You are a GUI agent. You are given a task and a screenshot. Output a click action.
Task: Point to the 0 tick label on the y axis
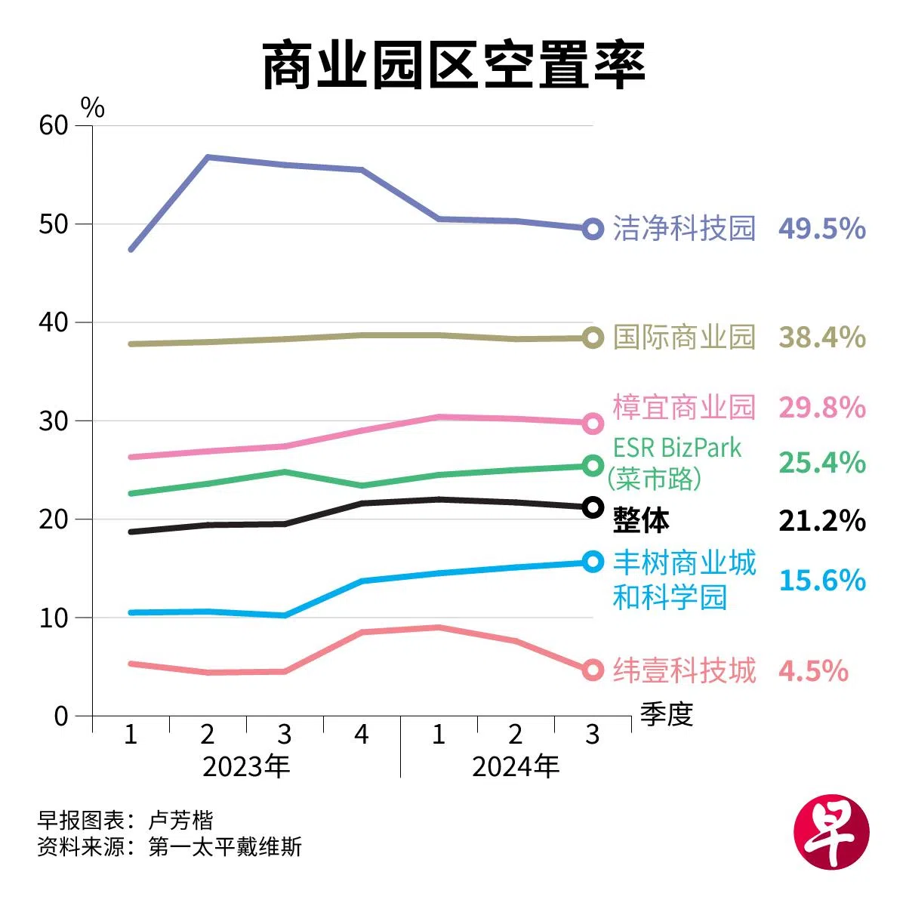coord(61,716)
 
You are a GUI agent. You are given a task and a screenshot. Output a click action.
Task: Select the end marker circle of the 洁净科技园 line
coord(593,228)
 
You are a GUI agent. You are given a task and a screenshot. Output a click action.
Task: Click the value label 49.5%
coord(821,228)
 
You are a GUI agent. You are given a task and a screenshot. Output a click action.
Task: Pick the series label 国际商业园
coord(684,337)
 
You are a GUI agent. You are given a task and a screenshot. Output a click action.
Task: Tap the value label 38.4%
coord(821,337)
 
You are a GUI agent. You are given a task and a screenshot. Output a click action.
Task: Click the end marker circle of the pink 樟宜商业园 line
coord(593,423)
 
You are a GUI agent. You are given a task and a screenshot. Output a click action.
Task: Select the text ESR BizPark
coord(677,448)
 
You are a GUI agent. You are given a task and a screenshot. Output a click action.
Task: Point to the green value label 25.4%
coord(821,462)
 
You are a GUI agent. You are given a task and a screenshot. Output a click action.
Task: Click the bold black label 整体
coord(641,520)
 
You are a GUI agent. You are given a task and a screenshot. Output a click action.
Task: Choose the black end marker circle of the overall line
coord(593,507)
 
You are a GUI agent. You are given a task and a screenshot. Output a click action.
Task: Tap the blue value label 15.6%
coord(821,580)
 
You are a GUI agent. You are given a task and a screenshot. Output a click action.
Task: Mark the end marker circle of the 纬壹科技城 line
coord(593,670)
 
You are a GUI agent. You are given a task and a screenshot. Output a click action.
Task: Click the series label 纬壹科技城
coord(684,670)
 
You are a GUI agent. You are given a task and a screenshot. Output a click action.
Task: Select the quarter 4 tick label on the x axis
coord(362,734)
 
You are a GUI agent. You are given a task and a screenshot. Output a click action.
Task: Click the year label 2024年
coord(516,767)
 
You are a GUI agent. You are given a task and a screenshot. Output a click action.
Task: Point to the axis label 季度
coord(667,713)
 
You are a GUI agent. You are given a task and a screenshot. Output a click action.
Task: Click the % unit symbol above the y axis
coord(93,108)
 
